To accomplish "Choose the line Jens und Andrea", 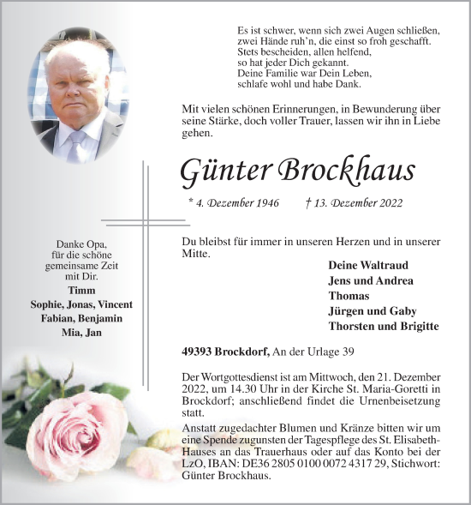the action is point(370,280).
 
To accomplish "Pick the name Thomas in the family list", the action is point(349,296).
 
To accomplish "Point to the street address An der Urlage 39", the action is point(312,351).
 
